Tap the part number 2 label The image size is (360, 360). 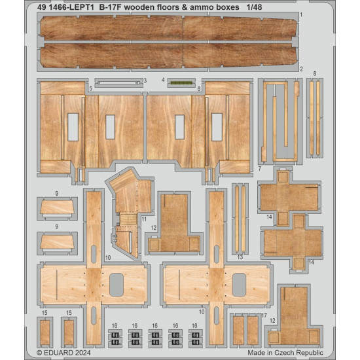[x=300, y=68]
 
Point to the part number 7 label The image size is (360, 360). [x=261, y=168]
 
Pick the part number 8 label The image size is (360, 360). [x=315, y=73]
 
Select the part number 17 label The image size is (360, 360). [x=263, y=315]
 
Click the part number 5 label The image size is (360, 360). [x=90, y=88]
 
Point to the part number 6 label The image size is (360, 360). [x=198, y=88]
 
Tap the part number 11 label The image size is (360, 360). [x=143, y=219]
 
